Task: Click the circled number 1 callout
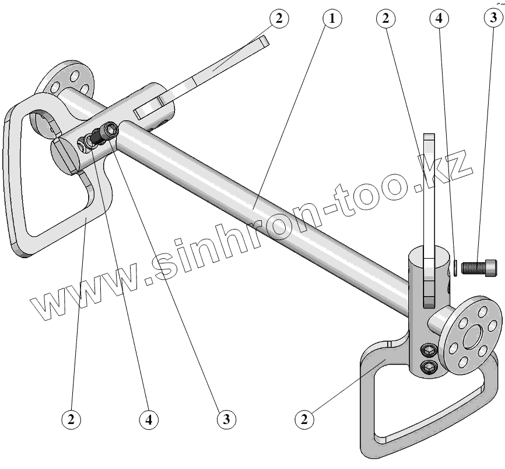(x=332, y=18)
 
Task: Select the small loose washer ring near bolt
(x=453, y=267)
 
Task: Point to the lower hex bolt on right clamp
(x=429, y=366)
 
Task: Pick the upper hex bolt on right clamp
(x=428, y=351)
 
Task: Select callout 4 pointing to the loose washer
(x=439, y=18)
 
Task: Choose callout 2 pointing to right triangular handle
(x=303, y=418)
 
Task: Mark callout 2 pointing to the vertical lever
(x=384, y=18)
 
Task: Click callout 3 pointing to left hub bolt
(x=226, y=418)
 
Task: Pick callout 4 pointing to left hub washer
(x=148, y=418)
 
